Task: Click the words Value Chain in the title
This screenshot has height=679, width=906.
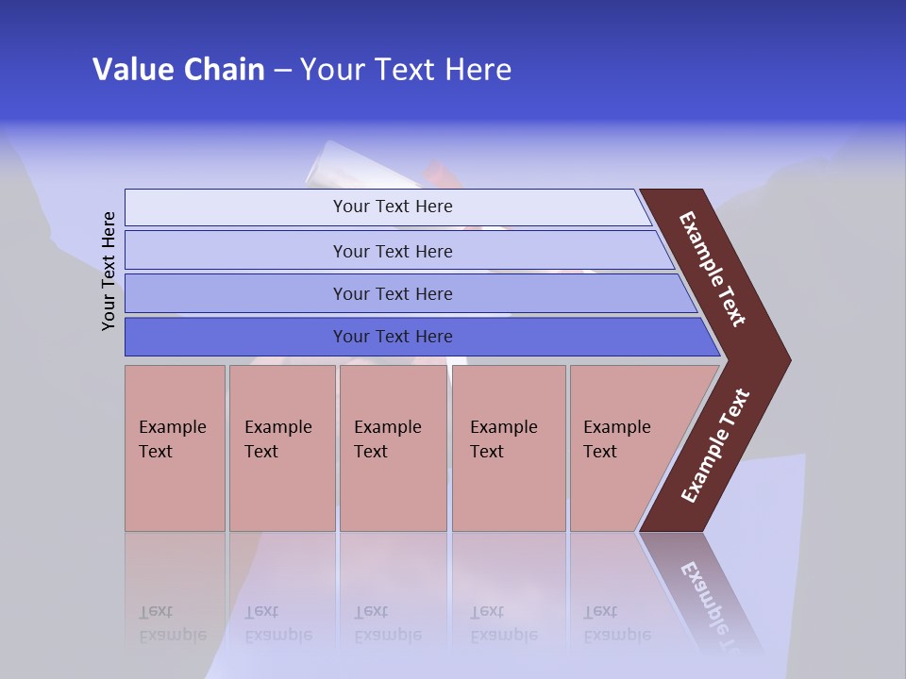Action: tap(178, 70)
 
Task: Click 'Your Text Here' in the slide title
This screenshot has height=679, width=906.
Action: tap(406, 70)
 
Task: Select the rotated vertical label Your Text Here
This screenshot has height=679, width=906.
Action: tap(109, 272)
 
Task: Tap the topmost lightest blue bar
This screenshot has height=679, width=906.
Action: tap(392, 207)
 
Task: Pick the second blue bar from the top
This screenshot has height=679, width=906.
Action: tap(392, 251)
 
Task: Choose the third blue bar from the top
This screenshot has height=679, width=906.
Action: tap(392, 293)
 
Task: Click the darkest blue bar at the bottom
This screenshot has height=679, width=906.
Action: tap(392, 337)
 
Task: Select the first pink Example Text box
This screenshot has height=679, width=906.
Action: tap(175, 448)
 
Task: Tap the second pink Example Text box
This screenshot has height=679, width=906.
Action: tap(282, 448)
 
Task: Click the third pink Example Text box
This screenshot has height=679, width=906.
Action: tap(393, 448)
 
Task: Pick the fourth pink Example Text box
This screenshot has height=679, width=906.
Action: tap(509, 448)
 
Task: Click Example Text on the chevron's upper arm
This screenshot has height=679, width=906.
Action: tap(713, 269)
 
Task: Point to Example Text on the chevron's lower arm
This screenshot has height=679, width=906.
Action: tap(715, 445)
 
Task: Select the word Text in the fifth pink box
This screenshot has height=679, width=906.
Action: tap(600, 452)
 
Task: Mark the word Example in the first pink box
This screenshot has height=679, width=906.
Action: tap(172, 427)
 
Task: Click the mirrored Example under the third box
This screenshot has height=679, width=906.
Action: tap(387, 635)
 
